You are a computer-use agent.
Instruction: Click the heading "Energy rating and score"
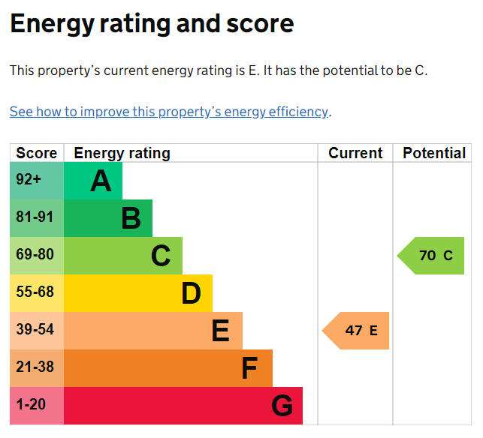(152, 25)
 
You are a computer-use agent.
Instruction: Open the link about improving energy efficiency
(169, 112)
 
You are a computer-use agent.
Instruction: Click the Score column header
(36, 153)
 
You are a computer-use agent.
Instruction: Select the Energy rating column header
(122, 153)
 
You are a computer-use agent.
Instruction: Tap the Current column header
(355, 153)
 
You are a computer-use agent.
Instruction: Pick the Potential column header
(433, 153)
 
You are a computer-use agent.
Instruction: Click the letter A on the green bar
(101, 181)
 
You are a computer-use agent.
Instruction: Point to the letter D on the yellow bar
(191, 293)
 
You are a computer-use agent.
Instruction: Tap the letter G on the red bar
(282, 406)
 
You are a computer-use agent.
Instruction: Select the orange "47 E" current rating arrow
(358, 331)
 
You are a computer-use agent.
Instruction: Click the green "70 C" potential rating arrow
(433, 256)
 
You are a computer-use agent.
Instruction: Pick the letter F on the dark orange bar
(249, 368)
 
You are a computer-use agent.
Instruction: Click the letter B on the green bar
(131, 218)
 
